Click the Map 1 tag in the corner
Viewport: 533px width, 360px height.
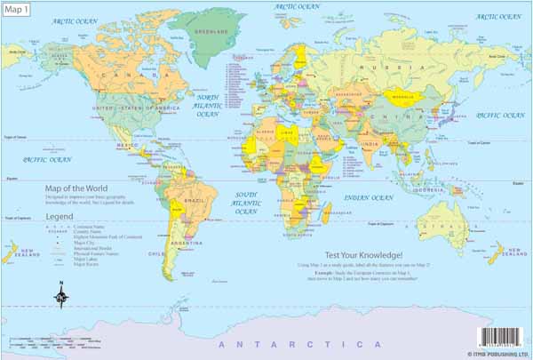click(16, 9)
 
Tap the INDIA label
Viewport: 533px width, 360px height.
click(372, 144)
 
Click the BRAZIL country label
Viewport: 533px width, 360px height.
click(193, 203)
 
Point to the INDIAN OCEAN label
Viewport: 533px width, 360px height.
click(368, 197)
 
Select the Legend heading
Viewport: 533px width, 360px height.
click(60, 216)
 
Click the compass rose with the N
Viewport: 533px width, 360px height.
click(61, 297)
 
